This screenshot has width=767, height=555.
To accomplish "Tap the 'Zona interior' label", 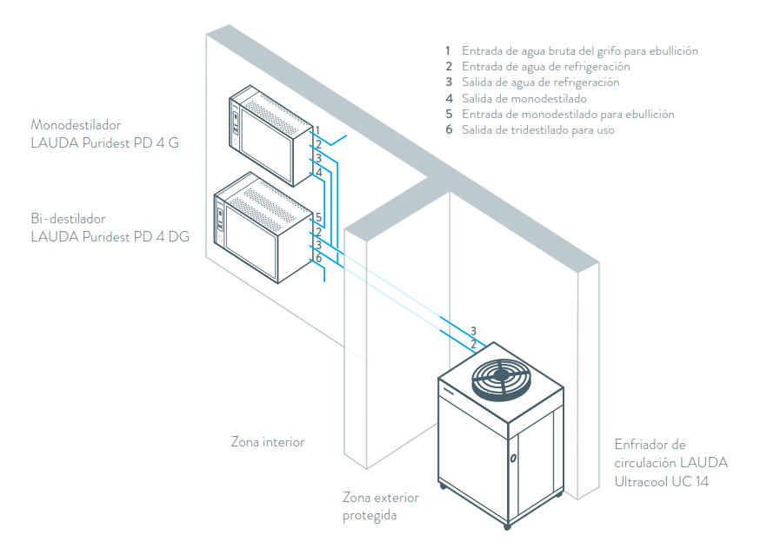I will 268,442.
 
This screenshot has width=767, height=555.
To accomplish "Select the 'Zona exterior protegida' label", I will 381,506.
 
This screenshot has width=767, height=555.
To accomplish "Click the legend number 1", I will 448,51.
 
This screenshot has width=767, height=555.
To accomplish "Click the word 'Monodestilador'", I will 76,124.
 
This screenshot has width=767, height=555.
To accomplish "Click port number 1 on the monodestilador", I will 318,130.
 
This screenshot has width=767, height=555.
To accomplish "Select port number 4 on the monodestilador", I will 319,172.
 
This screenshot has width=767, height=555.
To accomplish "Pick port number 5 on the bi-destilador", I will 319,217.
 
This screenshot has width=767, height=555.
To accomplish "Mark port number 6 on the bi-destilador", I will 319,258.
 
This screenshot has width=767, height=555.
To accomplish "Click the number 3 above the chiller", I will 473,331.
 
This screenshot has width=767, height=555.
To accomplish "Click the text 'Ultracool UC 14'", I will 663,480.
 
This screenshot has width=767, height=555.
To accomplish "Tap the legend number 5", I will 448,114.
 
